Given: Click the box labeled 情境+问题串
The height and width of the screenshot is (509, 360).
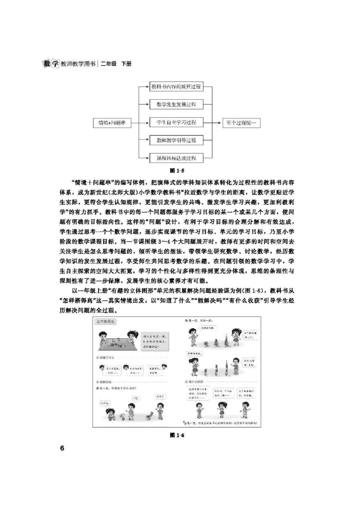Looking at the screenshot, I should (x=112, y=123).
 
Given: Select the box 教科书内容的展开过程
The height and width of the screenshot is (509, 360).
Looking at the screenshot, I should (x=176, y=87).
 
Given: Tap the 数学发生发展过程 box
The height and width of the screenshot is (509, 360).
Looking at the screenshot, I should (x=176, y=105).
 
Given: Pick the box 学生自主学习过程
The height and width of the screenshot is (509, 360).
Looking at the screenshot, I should (x=176, y=123).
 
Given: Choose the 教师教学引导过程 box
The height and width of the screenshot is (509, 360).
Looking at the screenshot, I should (x=176, y=140).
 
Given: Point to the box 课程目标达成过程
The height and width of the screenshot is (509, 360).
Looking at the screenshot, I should (x=176, y=158).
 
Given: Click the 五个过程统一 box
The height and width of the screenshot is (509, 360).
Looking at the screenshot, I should (x=241, y=123).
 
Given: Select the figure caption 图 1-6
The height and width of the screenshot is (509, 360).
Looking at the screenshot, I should (x=177, y=435).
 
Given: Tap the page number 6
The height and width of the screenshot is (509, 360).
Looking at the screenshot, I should (x=62, y=448).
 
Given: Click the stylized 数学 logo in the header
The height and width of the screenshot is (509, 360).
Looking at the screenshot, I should (x=51, y=63).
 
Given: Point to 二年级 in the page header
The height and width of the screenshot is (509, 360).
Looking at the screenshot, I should (x=109, y=64).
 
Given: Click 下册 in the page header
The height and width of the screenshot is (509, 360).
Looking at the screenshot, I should (x=126, y=64).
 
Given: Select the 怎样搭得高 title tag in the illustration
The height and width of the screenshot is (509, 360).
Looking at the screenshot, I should (x=105, y=322).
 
